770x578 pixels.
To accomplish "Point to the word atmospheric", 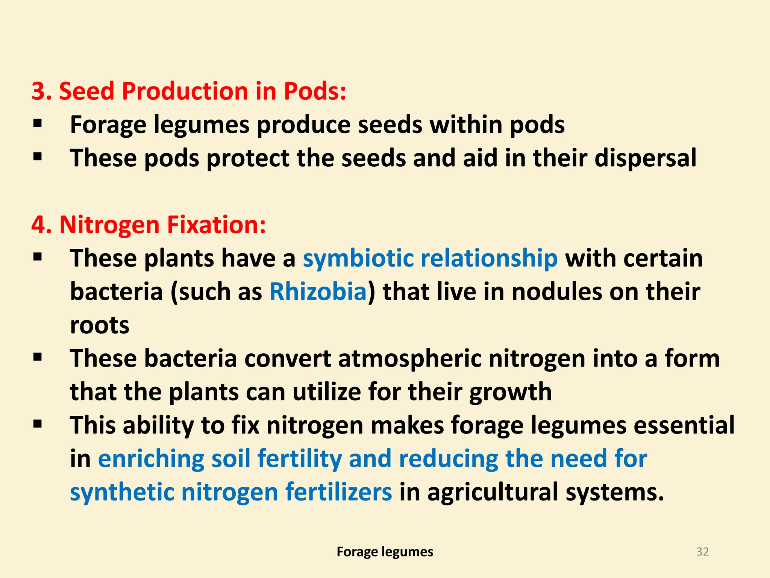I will pyautogui.click(x=409, y=359).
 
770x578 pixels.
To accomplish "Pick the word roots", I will pyautogui.click(x=100, y=325).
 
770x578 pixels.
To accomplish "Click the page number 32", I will pyautogui.click(x=702, y=552).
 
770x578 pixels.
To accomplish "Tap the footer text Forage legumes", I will pyautogui.click(x=385, y=552).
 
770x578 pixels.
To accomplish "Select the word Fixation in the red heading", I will pyautogui.click(x=216, y=225).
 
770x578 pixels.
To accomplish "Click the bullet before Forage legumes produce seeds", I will pyautogui.click(x=37, y=123).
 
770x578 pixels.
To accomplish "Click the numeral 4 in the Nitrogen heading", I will pyautogui.click(x=38, y=225).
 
